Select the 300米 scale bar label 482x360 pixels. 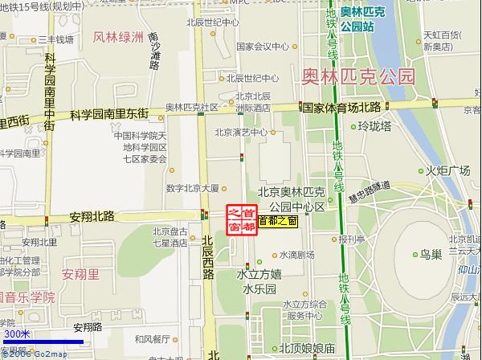click(16, 333)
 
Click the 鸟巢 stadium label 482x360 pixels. click(431, 254)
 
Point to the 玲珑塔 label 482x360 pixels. click(374, 126)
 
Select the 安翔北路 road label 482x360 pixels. click(92, 216)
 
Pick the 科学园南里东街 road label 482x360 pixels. click(109, 114)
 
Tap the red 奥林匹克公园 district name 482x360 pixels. click(358, 77)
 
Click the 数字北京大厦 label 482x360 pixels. click(193, 188)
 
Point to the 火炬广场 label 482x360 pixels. click(447, 170)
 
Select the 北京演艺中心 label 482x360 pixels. click(241, 133)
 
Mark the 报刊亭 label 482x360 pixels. click(352, 239)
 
